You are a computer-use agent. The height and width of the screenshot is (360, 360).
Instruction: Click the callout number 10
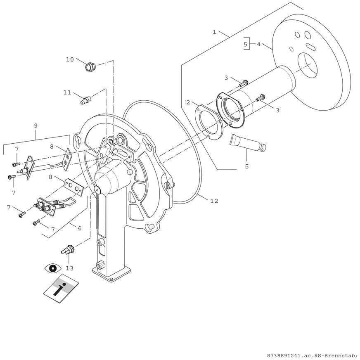[70, 59]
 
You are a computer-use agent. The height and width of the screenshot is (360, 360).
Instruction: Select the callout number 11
[67, 92]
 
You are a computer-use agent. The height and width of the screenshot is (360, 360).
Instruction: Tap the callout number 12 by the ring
[214, 201]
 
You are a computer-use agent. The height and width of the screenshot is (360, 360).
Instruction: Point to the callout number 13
[70, 268]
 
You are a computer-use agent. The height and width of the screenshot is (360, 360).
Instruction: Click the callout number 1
[214, 32]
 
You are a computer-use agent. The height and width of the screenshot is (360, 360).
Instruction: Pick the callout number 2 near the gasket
[188, 102]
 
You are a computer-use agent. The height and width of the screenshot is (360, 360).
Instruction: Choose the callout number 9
[36, 125]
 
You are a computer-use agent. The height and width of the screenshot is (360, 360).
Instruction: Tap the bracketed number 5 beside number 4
[245, 44]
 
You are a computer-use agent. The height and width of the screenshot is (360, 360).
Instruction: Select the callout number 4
[258, 44]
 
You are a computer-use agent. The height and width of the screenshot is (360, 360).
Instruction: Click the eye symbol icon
[53, 268]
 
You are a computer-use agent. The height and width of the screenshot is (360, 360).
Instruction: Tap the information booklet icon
[61, 289]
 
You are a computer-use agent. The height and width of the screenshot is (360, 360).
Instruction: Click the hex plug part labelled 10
[90, 66]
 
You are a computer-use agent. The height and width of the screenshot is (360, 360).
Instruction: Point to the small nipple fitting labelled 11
[86, 99]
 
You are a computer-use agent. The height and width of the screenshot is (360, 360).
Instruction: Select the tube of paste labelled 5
[248, 142]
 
